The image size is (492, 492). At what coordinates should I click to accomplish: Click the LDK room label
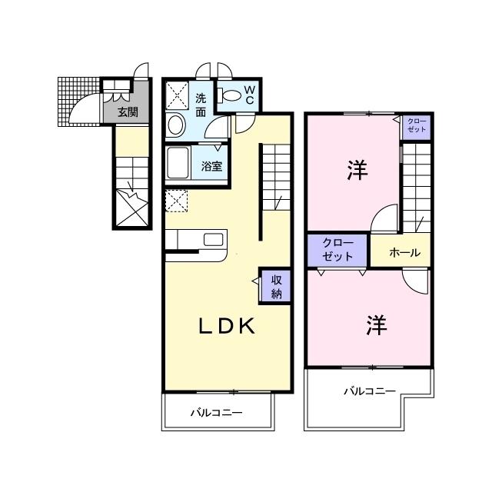(227, 327)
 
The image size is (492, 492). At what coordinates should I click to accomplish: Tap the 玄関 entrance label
(128, 112)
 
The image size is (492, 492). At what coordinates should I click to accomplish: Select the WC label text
(250, 95)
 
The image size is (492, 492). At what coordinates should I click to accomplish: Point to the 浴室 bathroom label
(211, 165)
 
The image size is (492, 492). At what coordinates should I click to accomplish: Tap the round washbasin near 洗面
(176, 124)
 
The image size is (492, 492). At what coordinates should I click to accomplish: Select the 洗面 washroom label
(200, 105)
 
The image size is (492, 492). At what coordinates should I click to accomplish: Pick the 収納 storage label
(276, 286)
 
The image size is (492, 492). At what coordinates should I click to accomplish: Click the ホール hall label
(399, 251)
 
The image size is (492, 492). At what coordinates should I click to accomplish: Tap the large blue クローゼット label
(337, 250)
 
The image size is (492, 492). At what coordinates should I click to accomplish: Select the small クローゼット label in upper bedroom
(415, 126)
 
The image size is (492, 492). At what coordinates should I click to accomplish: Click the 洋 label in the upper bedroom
(356, 170)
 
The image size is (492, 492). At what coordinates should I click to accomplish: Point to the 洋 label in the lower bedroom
(375, 326)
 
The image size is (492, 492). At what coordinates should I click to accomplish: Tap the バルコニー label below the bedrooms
(369, 391)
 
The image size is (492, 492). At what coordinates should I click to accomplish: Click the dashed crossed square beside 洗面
(178, 96)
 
